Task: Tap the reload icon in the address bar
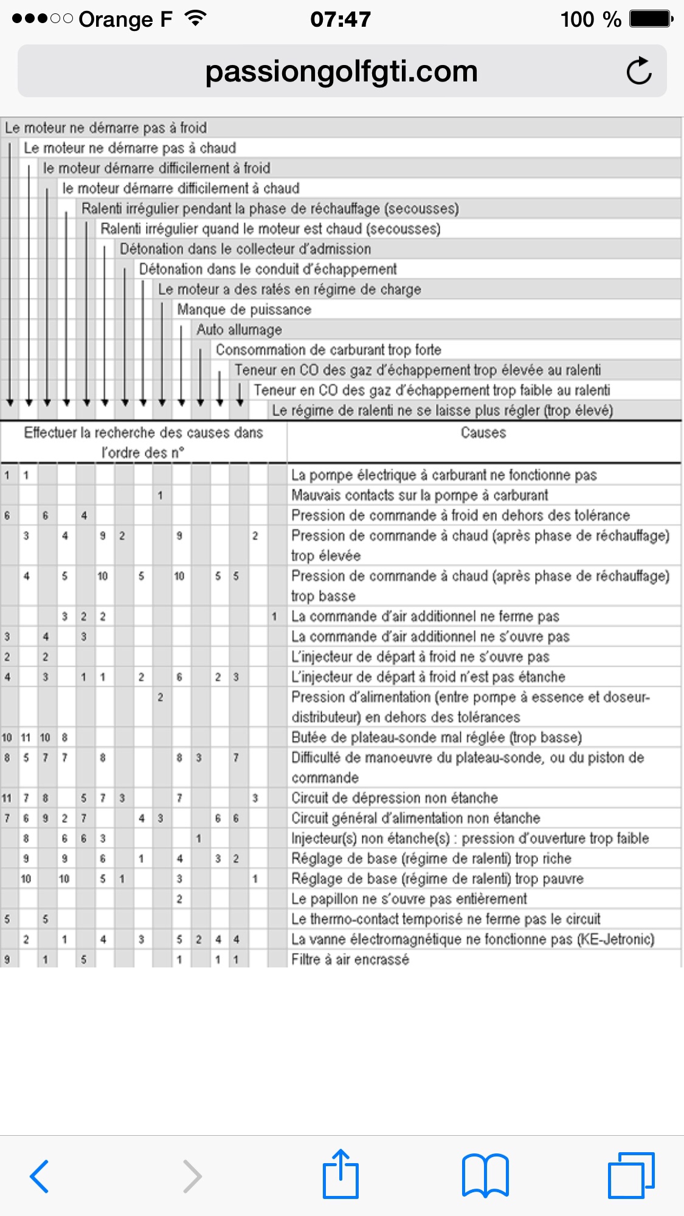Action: pyautogui.click(x=638, y=71)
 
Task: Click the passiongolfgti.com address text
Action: pyautogui.click(x=341, y=72)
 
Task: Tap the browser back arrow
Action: pyautogui.click(x=40, y=1176)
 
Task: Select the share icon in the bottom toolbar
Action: pyautogui.click(x=340, y=1174)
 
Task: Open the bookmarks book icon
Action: pyautogui.click(x=485, y=1175)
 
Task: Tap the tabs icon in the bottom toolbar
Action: pyautogui.click(x=631, y=1175)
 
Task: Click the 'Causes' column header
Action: pyautogui.click(x=483, y=433)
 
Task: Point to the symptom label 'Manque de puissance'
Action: pyautogui.click(x=244, y=310)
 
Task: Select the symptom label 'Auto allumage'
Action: pyautogui.click(x=239, y=330)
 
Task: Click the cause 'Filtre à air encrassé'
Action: pyautogui.click(x=350, y=960)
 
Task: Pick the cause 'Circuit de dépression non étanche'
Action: pyautogui.click(x=394, y=798)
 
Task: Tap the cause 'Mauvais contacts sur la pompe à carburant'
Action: pyautogui.click(x=420, y=495)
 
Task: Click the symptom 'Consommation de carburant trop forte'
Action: pyautogui.click(x=328, y=350)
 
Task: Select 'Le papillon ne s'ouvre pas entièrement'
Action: pyautogui.click(x=409, y=899)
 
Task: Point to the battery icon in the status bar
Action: pyautogui.click(x=651, y=19)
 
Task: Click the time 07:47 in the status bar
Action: pyautogui.click(x=340, y=19)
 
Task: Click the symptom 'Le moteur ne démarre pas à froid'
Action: pyautogui.click(x=106, y=128)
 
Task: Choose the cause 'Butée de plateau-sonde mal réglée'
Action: pyautogui.click(x=437, y=738)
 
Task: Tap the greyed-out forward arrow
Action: pyautogui.click(x=192, y=1176)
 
